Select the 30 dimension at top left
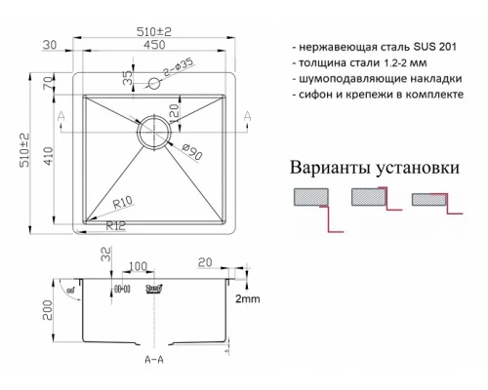pyautogui.click(x=50, y=45)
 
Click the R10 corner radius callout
pyautogui.click(x=122, y=203)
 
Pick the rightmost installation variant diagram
pyautogui.click(x=430, y=200)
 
